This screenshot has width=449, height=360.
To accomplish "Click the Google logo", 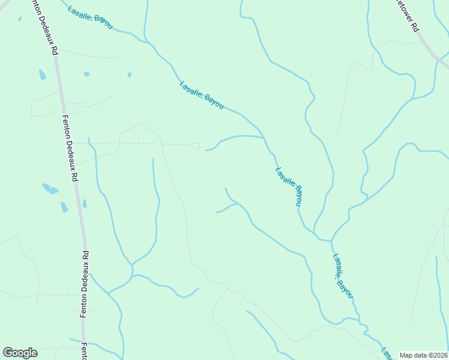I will point(20,353).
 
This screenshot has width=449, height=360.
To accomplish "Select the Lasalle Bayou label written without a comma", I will point(289,186).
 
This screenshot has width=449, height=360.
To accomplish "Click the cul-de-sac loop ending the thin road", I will point(194,146).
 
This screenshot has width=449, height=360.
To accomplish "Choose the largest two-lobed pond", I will point(50,189).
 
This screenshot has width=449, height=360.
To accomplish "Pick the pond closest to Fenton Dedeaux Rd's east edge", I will point(85,203).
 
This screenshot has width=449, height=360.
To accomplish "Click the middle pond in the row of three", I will point(86,74).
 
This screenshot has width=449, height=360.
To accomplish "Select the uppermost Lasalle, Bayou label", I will point(90,17).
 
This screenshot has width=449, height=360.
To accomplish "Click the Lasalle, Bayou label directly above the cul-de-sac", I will point(202,95).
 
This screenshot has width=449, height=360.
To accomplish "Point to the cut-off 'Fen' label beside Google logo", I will point(85,351).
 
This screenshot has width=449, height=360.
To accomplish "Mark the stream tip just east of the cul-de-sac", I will point(206,150).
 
